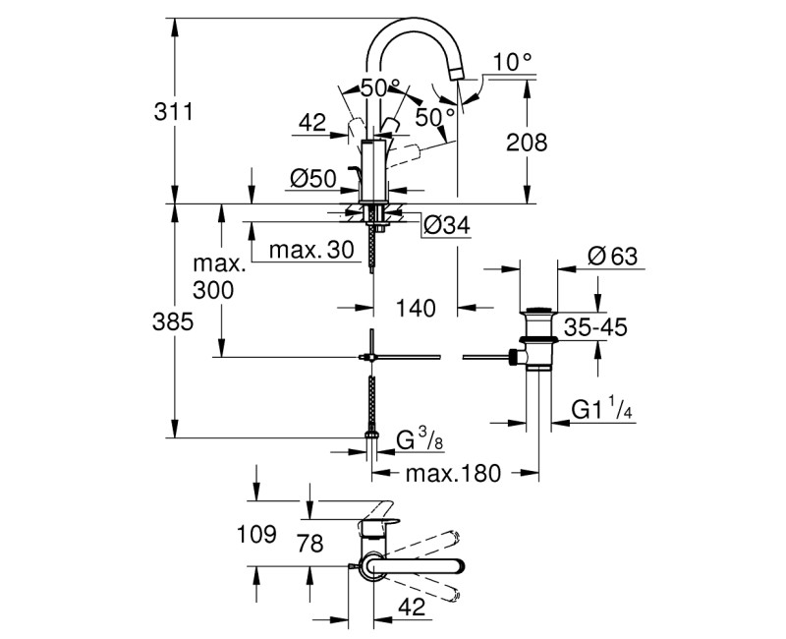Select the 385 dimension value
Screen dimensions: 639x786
pos(142,321)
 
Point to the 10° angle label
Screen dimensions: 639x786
pos(512,62)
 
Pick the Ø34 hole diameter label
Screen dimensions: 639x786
pos(447,226)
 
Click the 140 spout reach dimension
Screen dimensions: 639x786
pos(416,308)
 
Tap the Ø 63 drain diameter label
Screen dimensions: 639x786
pos(612,257)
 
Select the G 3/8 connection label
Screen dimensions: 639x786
pos(421,439)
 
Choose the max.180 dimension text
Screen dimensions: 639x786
pos(455,473)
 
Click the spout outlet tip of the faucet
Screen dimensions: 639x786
pos(455,72)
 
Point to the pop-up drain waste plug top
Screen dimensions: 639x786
pos(536,314)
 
